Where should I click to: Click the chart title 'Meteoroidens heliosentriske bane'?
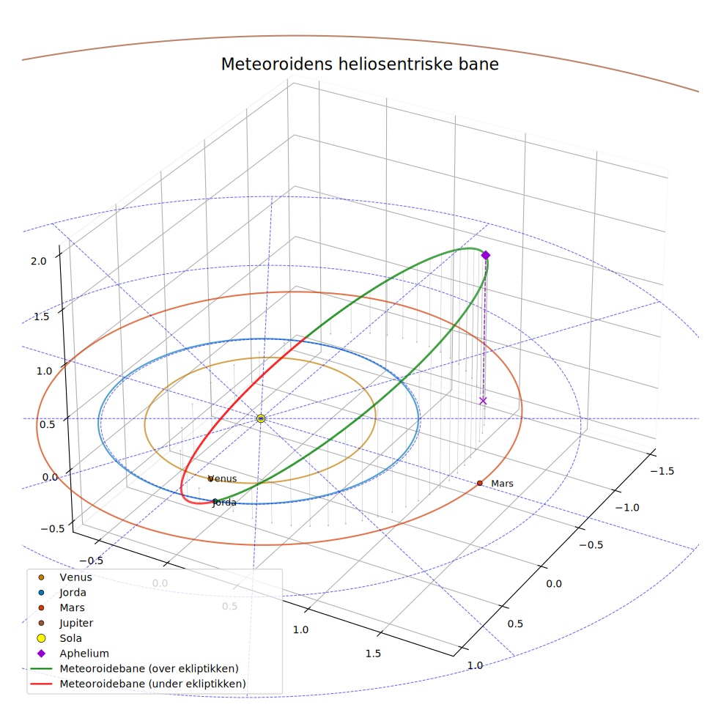coord(360,64)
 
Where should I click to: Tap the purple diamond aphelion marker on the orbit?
coord(486,255)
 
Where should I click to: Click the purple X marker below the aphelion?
coord(483,401)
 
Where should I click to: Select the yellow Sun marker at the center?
coord(261,418)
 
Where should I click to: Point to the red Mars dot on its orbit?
coord(480,483)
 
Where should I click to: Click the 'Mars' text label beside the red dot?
coord(502,484)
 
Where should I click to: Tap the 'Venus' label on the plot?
coord(223,478)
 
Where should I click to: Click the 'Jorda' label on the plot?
coord(224,503)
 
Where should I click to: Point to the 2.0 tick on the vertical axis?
coord(39,261)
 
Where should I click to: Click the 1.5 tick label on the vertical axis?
coord(41,317)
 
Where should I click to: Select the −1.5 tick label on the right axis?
coord(662,471)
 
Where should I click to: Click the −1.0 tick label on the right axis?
coord(627,508)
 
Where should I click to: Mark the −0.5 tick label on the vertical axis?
coord(53,529)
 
